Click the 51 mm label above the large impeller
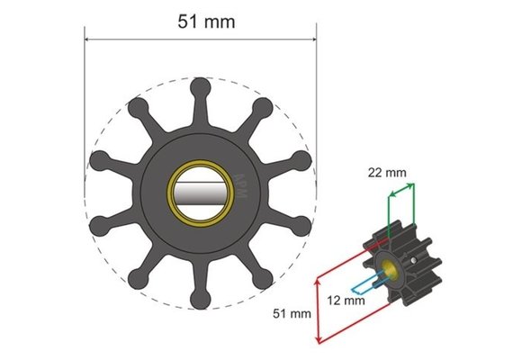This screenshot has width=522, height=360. pyautogui.click(x=206, y=22)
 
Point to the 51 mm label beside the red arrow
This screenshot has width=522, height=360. pyautogui.click(x=293, y=314)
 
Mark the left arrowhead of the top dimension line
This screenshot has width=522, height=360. pyautogui.click(x=88, y=39)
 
